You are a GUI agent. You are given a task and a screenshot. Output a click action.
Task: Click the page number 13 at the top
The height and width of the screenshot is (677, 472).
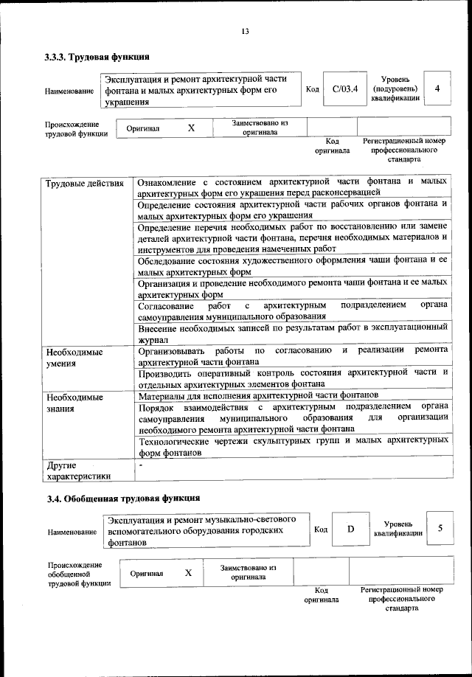click(x=244, y=30)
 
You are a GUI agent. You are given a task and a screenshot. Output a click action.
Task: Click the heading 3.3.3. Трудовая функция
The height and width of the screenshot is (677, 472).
click(x=97, y=57)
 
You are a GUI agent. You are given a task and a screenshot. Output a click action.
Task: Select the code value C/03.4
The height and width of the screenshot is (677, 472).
click(x=344, y=89)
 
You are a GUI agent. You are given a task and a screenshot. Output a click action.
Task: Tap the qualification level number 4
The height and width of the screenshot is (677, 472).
click(x=437, y=89)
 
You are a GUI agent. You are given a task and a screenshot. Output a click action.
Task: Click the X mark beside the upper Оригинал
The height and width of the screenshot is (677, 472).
click(x=191, y=128)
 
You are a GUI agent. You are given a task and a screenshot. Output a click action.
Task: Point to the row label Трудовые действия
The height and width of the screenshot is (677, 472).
click(x=84, y=182)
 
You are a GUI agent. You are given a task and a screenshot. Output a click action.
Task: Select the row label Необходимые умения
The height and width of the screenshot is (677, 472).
click(x=74, y=358)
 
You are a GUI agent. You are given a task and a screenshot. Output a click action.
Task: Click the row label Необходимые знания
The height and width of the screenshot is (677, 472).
click(x=74, y=403)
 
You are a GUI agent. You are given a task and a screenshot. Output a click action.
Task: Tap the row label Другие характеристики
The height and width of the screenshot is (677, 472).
click(x=78, y=471)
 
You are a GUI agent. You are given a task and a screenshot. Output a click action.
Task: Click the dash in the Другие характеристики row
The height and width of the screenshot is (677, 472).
click(x=142, y=465)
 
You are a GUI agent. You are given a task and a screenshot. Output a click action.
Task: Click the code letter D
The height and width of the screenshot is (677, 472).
click(x=351, y=529)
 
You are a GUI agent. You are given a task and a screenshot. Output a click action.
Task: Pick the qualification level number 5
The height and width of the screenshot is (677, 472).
click(x=440, y=529)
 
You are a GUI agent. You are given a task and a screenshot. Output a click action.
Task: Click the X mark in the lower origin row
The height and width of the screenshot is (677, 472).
click(x=188, y=572)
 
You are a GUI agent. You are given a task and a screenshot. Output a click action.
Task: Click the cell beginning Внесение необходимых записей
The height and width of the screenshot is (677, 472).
click(x=293, y=333)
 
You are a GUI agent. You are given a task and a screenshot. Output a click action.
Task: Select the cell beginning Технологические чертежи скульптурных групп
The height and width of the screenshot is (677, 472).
click(x=293, y=446)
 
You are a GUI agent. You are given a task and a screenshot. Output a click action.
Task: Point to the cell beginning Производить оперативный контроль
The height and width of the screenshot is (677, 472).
click(x=293, y=378)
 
